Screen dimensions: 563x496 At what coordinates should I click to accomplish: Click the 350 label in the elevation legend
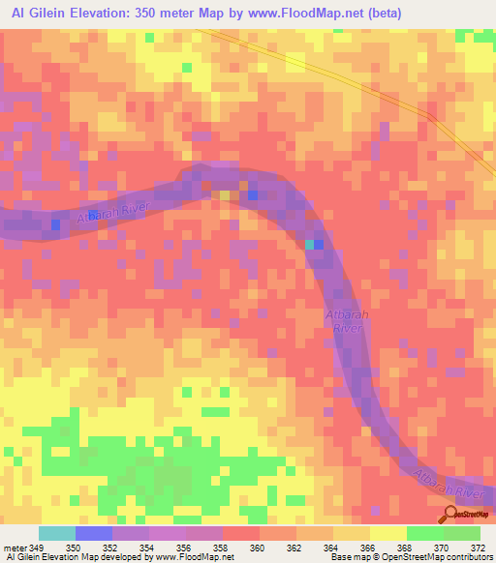point(72,548)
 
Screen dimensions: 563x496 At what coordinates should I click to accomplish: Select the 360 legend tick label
point(257,548)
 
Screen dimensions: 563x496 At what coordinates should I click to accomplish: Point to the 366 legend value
point(367,548)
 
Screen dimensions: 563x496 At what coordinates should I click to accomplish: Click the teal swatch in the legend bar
point(57,533)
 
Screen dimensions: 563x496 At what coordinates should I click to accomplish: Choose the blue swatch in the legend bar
point(94,533)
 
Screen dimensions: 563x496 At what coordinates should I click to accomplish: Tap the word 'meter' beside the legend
point(16,548)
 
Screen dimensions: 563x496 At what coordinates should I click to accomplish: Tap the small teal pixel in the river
point(310,245)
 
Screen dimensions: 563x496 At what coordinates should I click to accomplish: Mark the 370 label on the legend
point(441,548)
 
